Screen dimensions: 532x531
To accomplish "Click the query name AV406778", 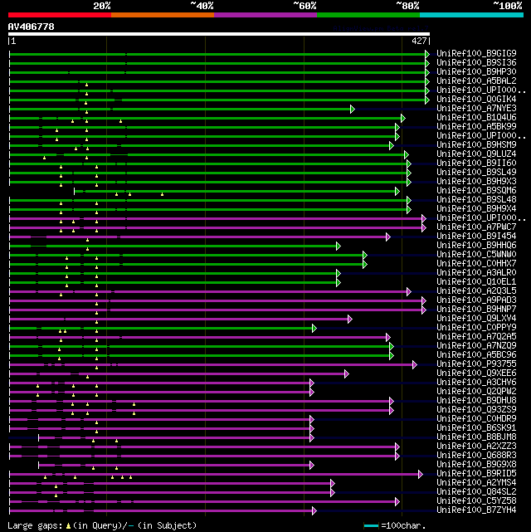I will click(32, 27).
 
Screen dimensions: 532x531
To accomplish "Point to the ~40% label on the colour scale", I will click(202, 5).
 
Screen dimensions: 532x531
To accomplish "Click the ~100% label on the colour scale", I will click(508, 5).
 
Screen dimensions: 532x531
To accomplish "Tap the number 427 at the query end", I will click(419, 40).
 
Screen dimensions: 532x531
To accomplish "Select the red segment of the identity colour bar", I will click(59, 14).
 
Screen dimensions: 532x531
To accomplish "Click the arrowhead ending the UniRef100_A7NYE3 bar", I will click(353, 108).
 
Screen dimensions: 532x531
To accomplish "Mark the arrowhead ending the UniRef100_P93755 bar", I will click(416, 364).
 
